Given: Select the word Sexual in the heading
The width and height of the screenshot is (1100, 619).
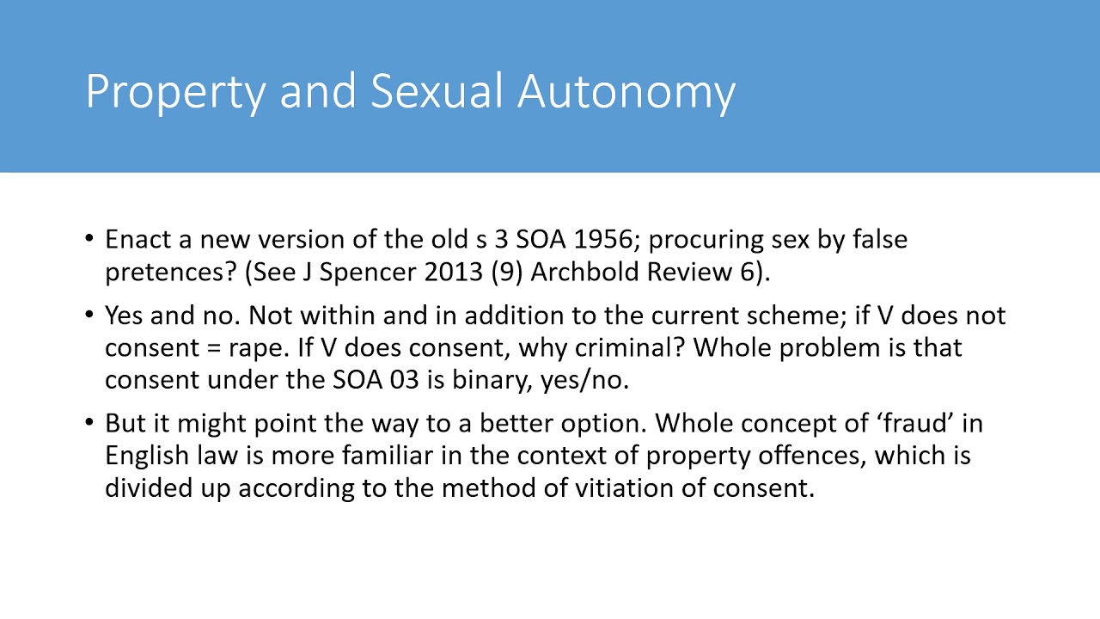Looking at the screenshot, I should tap(437, 90).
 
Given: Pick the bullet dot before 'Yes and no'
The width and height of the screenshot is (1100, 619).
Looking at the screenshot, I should tap(90, 316).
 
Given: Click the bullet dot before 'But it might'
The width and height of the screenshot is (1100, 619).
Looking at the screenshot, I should tap(90, 423).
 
